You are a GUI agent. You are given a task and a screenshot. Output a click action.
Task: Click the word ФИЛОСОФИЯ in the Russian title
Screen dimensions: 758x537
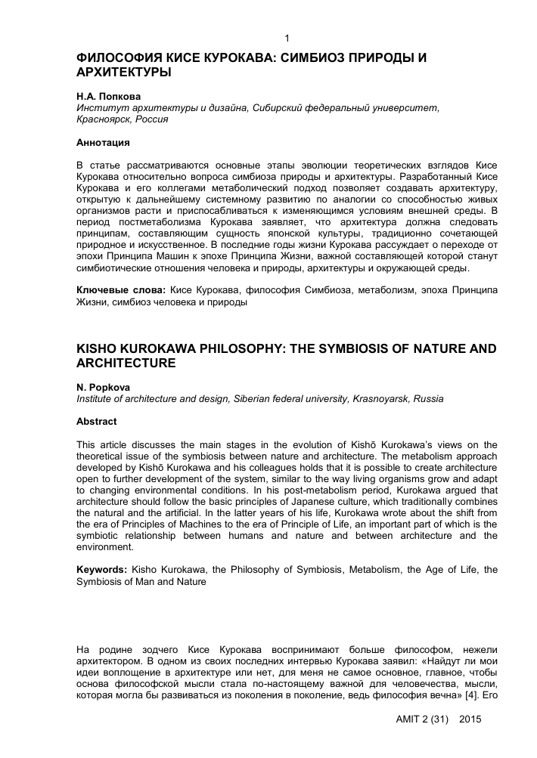117,58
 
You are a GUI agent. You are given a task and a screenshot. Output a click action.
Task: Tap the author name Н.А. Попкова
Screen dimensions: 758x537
110,97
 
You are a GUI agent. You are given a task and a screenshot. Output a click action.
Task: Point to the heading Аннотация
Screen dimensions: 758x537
104,142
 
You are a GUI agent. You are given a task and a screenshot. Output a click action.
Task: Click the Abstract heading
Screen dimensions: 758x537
97,421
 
